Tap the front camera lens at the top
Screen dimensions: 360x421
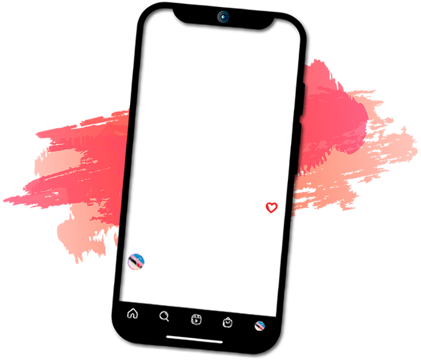[223, 17]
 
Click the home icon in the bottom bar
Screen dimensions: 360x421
[133, 314]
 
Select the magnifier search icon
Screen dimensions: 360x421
[164, 317]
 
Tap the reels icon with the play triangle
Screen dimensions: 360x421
[196, 320]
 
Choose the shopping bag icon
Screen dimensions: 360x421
[228, 323]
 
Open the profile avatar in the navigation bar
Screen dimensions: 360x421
[259, 326]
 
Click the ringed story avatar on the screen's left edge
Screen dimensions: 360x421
[136, 260]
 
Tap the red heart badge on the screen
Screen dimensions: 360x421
[271, 207]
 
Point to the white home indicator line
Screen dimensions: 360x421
[194, 340]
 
